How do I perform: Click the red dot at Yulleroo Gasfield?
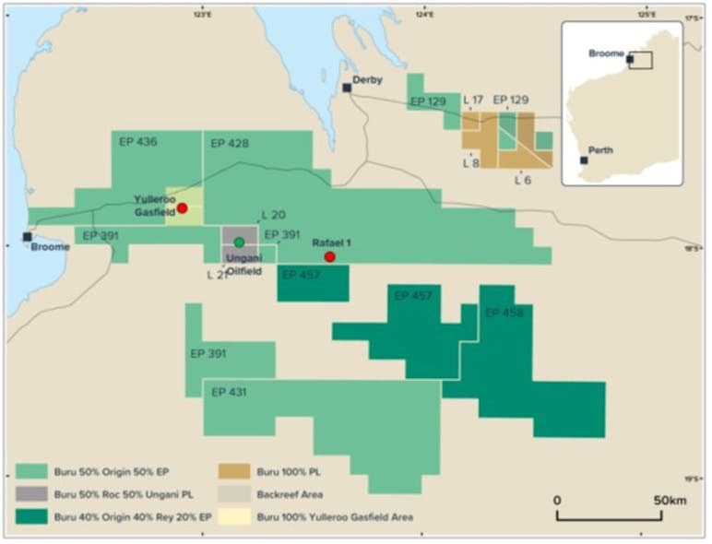pyautogui.click(x=183, y=208)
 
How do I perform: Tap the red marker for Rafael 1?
pyautogui.click(x=329, y=256)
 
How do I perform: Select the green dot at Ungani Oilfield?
pyautogui.click(x=239, y=242)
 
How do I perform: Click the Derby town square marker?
pyautogui.click(x=347, y=88)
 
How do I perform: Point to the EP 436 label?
pyautogui.click(x=138, y=143)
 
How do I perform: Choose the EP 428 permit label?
pyautogui.click(x=230, y=143)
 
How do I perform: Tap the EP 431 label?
pyautogui.click(x=230, y=392)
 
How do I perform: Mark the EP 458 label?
pyautogui.click(x=504, y=313)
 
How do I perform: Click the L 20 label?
pyautogui.click(x=273, y=215)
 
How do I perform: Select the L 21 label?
pyautogui.click(x=217, y=275)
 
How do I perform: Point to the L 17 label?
pyautogui.click(x=473, y=100)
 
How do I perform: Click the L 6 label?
pyautogui.click(x=522, y=180)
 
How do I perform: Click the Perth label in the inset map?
pyautogui.click(x=600, y=150)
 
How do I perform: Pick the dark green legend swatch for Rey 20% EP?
pyautogui.click(x=33, y=517)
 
